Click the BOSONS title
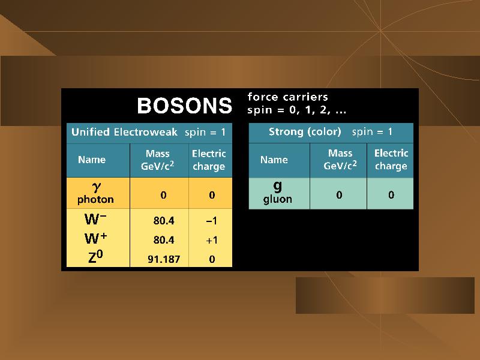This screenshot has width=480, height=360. click(185, 106)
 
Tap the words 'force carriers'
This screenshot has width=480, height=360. click(288, 97)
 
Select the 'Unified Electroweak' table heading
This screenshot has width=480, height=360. click(124, 132)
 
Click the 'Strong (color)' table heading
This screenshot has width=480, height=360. click(305, 132)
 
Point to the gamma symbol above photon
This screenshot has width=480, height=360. click(97, 187)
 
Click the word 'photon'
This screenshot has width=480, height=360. click(95, 200)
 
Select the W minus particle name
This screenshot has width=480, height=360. click(95, 219)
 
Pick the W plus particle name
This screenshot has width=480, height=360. click(96, 238)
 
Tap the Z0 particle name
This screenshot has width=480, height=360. click(95, 257)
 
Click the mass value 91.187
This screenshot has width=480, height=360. click(164, 259)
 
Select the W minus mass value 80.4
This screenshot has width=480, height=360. click(164, 221)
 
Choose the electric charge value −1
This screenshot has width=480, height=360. click(212, 221)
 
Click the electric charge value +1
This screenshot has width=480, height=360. click(212, 240)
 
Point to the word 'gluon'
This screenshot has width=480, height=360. click(278, 199)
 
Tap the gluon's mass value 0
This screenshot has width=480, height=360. click(339, 195)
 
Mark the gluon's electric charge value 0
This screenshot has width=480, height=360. click(391, 195)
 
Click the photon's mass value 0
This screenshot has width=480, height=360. click(163, 195)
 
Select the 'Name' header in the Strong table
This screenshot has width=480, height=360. click(274, 160)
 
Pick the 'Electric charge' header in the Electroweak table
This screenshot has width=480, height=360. click(209, 160)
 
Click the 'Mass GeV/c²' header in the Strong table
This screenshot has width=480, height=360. click(340, 159)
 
